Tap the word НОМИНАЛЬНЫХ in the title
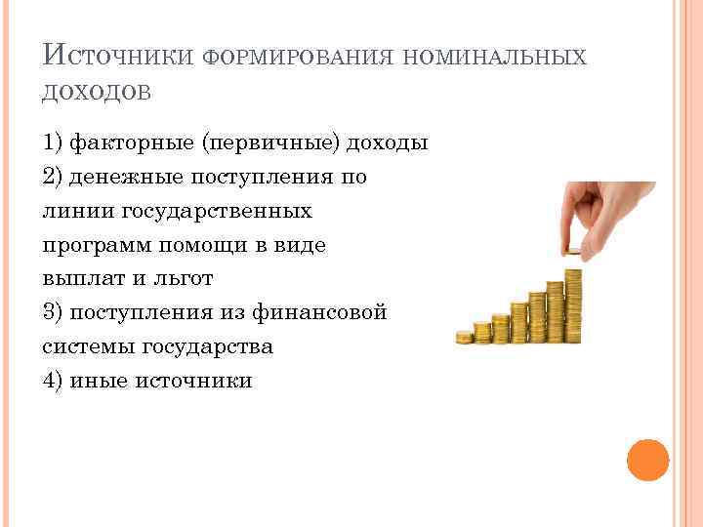click(492, 58)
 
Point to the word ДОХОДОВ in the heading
click(97, 92)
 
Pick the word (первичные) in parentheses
click(272, 143)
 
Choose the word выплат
click(85, 278)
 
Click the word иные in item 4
click(100, 380)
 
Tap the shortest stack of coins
click(464, 337)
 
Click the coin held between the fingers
click(574, 252)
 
